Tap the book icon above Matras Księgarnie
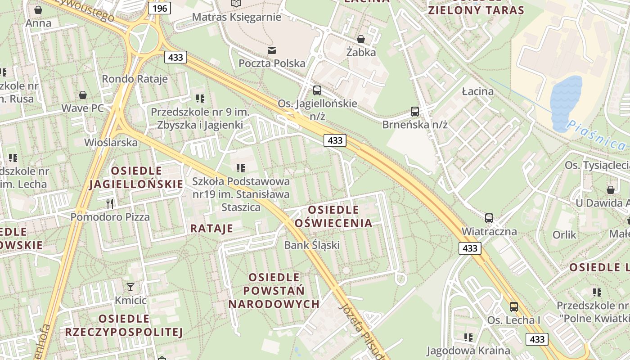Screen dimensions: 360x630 point(236,4)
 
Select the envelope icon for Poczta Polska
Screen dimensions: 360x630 point(272,50)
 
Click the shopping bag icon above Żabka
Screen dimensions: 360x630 point(361,39)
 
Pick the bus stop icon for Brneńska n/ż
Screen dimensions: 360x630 point(415,111)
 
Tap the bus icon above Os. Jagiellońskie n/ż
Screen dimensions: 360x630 point(317,90)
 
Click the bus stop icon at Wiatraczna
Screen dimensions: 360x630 point(489,218)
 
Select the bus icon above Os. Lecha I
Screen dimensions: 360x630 point(513,307)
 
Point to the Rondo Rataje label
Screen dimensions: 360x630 point(135,79)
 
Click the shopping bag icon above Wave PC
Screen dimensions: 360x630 point(83,95)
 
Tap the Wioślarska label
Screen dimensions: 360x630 point(111,143)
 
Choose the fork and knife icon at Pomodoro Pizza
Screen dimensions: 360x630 point(110,203)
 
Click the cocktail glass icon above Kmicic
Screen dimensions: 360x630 point(130,287)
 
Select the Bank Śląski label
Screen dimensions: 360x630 point(311,245)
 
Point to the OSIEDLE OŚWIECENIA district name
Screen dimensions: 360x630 point(333,216)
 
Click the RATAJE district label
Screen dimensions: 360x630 point(211,228)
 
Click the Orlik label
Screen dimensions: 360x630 point(564,234)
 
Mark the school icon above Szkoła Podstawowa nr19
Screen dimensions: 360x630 point(241,168)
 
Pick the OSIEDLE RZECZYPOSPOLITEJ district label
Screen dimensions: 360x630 point(124,325)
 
